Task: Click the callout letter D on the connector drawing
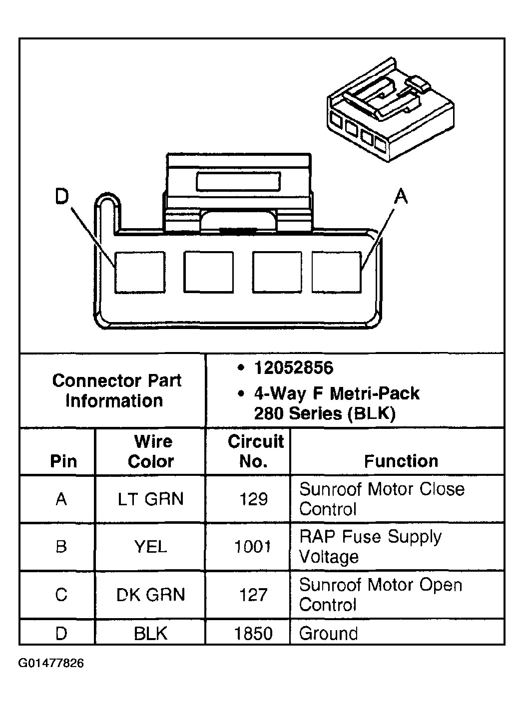click(61, 197)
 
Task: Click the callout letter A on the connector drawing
click(401, 196)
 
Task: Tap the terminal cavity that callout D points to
click(140, 272)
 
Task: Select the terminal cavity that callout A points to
click(336, 272)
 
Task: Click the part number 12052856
click(293, 368)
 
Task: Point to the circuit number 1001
click(253, 547)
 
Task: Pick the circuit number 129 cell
click(253, 499)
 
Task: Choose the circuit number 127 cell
click(253, 595)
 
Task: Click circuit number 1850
click(253, 634)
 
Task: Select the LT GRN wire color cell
click(150, 499)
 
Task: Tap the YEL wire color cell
click(150, 547)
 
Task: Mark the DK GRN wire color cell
click(150, 595)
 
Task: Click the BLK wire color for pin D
click(150, 634)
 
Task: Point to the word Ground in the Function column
click(328, 634)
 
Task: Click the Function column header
click(401, 461)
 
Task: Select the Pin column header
click(63, 461)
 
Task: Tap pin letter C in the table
click(61, 595)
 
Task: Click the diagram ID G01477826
click(51, 664)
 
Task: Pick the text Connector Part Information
click(116, 390)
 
